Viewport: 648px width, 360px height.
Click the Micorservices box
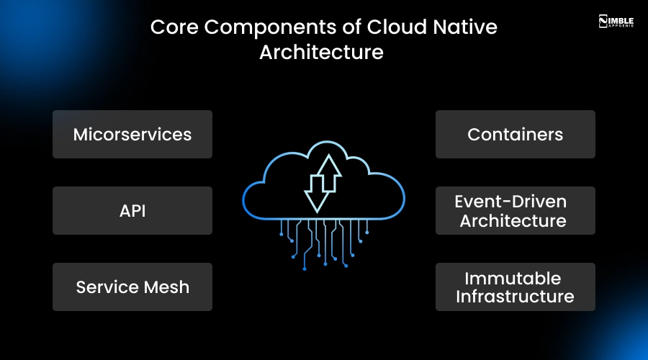pos(132,134)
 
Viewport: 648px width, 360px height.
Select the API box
pos(132,210)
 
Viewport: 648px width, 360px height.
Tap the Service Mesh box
pos(132,287)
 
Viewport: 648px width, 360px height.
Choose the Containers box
pos(516,134)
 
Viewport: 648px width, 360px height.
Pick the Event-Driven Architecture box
pos(516,210)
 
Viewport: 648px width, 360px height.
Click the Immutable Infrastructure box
pos(516,287)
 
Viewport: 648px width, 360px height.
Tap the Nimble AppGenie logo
pos(617,21)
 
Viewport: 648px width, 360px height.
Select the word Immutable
pos(512,278)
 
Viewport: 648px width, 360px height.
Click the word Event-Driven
pos(510,202)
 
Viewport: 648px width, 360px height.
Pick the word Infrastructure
pos(515,296)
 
